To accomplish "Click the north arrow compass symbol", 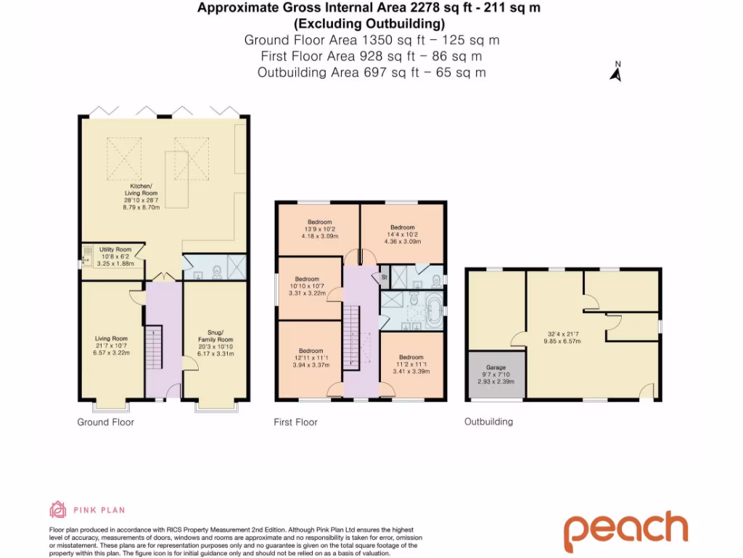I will coord(616,72).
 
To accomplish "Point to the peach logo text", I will coord(625,532).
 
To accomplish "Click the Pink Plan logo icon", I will coord(57,509).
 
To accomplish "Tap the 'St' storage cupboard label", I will coord(384,277).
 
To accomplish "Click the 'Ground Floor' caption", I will coord(106,422).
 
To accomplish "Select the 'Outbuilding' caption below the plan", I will coord(488,421).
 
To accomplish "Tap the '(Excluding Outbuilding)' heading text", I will coord(370,23).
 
